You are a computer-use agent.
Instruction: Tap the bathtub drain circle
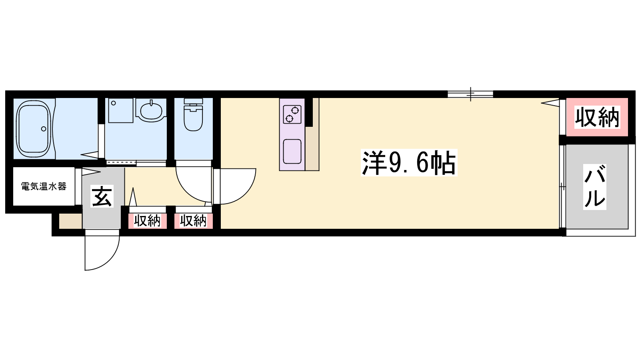click(x=44, y=129)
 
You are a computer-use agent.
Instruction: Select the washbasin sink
click(x=150, y=110)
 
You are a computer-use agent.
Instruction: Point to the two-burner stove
click(x=292, y=114)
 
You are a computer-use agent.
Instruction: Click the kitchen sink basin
click(x=292, y=152)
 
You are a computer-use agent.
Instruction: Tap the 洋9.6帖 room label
click(x=409, y=162)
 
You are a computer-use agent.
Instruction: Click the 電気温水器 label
click(x=44, y=186)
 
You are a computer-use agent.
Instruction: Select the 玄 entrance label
click(x=102, y=196)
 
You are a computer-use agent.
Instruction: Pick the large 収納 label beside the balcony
click(x=597, y=117)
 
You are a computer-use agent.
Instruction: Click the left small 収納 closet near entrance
click(x=147, y=221)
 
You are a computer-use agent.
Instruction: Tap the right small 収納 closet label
click(x=193, y=221)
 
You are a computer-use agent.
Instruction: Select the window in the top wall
click(x=470, y=94)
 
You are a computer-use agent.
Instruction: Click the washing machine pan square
click(x=120, y=110)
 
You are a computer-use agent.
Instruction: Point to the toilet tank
click(x=194, y=101)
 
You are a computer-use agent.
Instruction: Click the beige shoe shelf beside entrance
click(x=70, y=221)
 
